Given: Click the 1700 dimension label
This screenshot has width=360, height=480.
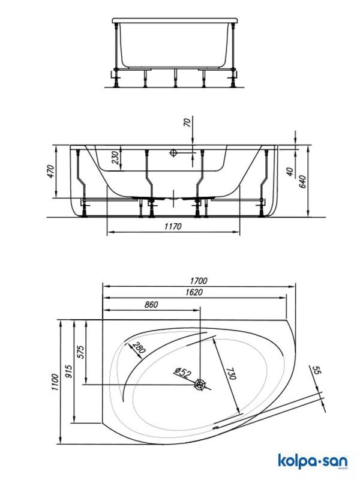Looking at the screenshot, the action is point(199,280).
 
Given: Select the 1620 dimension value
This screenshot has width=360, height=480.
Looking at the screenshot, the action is point(194,292).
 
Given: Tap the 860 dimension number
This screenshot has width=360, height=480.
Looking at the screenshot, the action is point(151,304).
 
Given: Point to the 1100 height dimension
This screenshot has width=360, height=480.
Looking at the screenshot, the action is point(55,382).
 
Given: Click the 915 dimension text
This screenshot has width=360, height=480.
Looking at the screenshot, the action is point(69,371).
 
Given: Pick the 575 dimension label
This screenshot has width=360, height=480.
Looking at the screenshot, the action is point(80,352).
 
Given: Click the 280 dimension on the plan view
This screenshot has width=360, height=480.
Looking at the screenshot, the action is point(139,348).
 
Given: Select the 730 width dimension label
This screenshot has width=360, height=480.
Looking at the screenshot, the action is point(231,373).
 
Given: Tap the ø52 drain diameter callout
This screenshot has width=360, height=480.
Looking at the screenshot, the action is point(183,373).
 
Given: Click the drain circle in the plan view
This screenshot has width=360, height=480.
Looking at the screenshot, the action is point(200,385).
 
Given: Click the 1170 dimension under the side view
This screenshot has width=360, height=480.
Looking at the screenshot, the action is point(173,226).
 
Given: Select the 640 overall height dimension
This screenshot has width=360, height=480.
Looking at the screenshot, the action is point(302,182).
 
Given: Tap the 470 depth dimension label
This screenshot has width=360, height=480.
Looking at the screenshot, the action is point(50,172).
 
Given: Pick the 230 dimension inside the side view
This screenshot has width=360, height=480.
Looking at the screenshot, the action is point(115,158).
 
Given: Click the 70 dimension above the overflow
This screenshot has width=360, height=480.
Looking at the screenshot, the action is point(187,122).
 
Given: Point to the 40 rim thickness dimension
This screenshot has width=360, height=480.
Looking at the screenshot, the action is point(290,172).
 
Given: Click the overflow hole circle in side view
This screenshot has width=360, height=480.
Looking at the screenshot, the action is point(173,152).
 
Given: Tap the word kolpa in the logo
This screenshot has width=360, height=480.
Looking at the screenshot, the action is point(296,461).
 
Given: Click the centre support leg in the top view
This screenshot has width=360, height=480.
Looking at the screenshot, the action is point(175,79).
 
